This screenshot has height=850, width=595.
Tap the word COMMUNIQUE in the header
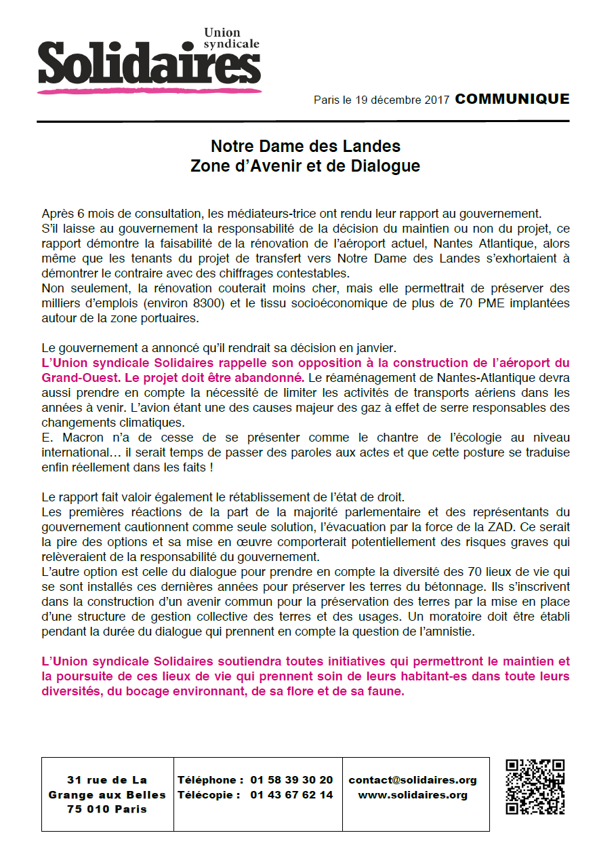(x=512, y=99)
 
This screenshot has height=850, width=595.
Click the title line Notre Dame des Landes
(x=306, y=146)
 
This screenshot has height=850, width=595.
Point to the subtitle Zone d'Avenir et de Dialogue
(x=306, y=166)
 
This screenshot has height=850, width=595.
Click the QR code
(x=535, y=787)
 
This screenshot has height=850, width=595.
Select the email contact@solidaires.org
(x=413, y=780)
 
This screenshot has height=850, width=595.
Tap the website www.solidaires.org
(x=413, y=795)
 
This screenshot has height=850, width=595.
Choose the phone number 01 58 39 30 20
(x=291, y=780)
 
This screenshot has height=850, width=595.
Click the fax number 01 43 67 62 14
(x=291, y=795)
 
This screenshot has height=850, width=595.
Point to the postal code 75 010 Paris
(x=107, y=809)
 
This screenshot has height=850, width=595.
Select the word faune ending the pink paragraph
(x=386, y=691)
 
